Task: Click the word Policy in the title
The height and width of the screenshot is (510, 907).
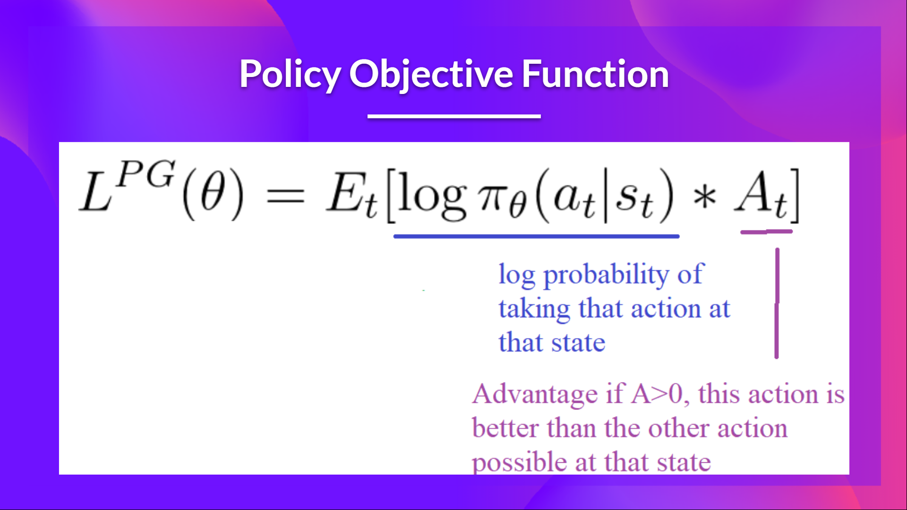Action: tap(290, 74)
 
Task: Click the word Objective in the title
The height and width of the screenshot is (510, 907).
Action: tap(431, 74)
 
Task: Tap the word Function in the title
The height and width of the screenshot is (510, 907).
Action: tap(595, 74)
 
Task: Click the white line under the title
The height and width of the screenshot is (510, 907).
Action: tap(454, 116)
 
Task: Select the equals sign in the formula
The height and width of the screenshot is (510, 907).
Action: tap(285, 196)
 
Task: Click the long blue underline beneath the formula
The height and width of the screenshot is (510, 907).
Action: tap(536, 236)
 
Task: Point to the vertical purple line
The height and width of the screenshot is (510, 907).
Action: tap(777, 302)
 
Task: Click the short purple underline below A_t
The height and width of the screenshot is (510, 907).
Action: tap(766, 232)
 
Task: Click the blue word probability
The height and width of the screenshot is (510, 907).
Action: tap(606, 275)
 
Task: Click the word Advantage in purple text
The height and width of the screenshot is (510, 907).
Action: tap(535, 394)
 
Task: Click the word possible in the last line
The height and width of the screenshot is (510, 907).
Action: tap(519, 462)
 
